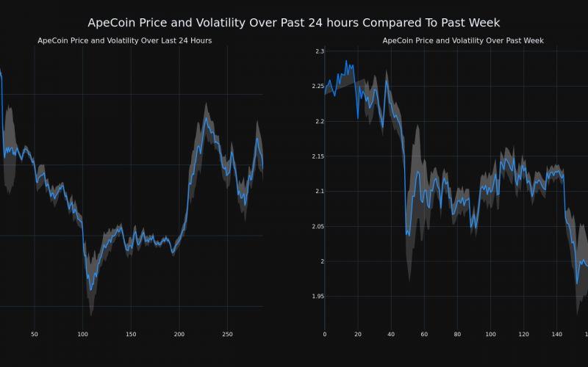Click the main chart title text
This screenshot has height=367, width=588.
(294, 23)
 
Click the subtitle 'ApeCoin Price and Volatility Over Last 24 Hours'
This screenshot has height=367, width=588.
(125, 40)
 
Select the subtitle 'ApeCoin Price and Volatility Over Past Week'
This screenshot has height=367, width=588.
(463, 40)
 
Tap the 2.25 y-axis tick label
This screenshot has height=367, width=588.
(318, 87)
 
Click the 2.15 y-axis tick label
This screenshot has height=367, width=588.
(318, 156)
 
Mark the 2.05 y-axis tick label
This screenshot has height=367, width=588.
(318, 227)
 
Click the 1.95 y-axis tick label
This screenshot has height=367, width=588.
(318, 297)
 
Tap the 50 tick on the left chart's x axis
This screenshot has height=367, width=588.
(35, 335)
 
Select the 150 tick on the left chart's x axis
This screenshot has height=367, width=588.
(131, 335)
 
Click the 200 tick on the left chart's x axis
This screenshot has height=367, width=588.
(179, 335)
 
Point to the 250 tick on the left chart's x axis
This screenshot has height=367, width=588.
(227, 335)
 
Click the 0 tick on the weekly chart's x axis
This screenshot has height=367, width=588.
(325, 335)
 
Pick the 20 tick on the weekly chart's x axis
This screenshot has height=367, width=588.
(358, 335)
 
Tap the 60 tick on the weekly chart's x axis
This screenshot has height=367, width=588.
(424, 335)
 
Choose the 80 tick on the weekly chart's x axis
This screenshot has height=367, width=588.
(457, 335)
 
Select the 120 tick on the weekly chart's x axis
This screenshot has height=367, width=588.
(523, 335)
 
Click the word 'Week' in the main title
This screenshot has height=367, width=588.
(481, 23)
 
